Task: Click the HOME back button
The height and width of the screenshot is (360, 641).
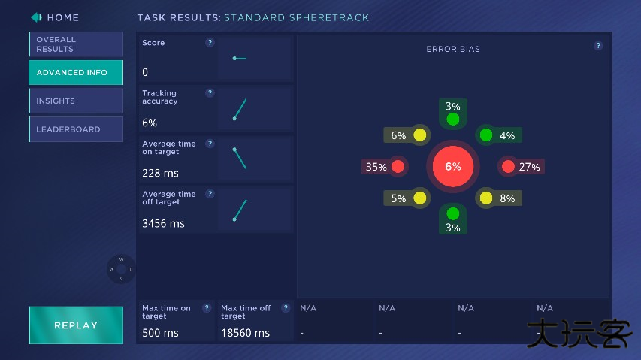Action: (x=55, y=17)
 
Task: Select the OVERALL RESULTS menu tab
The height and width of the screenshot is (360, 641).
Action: (x=76, y=44)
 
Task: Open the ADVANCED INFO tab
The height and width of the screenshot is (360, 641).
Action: (x=76, y=73)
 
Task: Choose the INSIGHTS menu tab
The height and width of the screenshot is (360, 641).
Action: (x=76, y=101)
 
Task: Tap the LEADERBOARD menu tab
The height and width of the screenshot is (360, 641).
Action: (x=76, y=129)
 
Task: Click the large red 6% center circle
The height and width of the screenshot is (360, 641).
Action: (x=453, y=167)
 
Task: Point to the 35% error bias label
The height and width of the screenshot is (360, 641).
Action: (x=376, y=167)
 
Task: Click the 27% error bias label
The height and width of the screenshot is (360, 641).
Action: (x=530, y=167)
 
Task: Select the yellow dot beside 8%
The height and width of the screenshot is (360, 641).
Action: (x=486, y=198)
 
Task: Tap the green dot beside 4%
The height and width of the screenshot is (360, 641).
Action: (x=486, y=135)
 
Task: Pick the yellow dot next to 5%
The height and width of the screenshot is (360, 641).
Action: (x=419, y=198)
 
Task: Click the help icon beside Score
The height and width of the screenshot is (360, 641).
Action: (x=210, y=43)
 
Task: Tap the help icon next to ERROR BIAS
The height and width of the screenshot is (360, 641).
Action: (x=598, y=46)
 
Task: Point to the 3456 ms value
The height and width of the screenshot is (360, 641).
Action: (x=163, y=223)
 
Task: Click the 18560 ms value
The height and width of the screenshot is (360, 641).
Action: (x=245, y=333)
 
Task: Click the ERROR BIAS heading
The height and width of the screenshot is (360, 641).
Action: (x=453, y=50)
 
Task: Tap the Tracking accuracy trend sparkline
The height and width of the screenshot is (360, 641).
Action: (x=240, y=109)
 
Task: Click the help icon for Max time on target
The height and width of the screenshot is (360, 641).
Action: (x=207, y=308)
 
